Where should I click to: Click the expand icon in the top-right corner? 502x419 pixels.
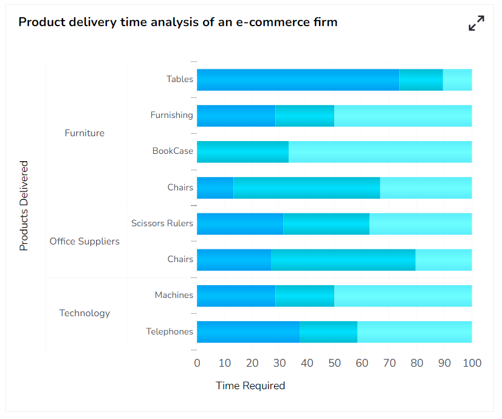pyautogui.click(x=476, y=23)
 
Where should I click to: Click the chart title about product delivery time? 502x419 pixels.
pyautogui.click(x=178, y=23)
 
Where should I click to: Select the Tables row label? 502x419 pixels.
pyautogui.click(x=180, y=79)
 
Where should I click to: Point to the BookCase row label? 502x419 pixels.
pyautogui.click(x=173, y=151)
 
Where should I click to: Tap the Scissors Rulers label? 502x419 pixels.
pyautogui.click(x=162, y=223)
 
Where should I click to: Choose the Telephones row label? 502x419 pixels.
pyautogui.click(x=170, y=331)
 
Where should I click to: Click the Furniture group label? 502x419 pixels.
pyautogui.click(x=84, y=133)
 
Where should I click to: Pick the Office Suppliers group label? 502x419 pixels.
pyautogui.click(x=84, y=241)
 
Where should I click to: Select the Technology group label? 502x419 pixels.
pyautogui.click(x=84, y=313)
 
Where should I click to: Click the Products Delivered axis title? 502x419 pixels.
pyautogui.click(x=24, y=206)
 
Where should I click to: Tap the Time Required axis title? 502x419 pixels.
pyautogui.click(x=250, y=386)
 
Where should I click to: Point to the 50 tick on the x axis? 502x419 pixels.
pyautogui.click(x=334, y=363)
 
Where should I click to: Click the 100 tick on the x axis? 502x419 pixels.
pyautogui.click(x=472, y=363)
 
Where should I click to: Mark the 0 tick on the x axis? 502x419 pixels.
pyautogui.click(x=197, y=363)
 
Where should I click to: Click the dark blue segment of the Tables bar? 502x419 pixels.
pyautogui.click(x=298, y=80)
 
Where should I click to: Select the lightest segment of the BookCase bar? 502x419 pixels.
pyautogui.click(x=380, y=151)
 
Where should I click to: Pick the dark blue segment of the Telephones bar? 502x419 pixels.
pyautogui.click(x=248, y=331)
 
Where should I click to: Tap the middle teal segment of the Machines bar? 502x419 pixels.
pyautogui.click(x=304, y=296)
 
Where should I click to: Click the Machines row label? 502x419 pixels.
pyautogui.click(x=174, y=295)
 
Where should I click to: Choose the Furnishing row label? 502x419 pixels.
pyautogui.click(x=172, y=115)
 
